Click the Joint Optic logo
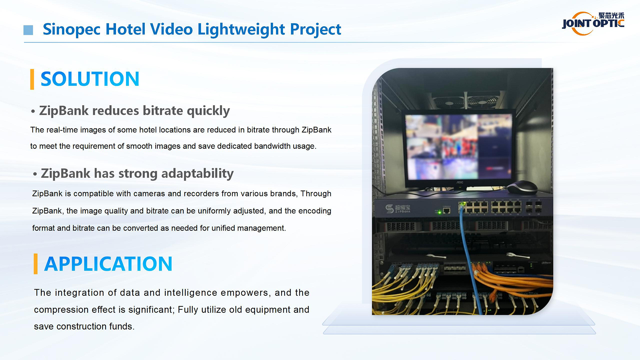pos(593,23)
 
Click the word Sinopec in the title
pos(71,29)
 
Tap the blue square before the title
pos(28,30)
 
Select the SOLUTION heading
pos(90,79)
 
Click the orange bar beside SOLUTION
pos(32,79)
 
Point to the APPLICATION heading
pos(108,264)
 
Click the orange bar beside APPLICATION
pos(36,264)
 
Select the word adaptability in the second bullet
pos(197,174)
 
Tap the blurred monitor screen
pos(458,147)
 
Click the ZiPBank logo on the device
pos(398,209)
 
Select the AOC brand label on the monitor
pos(460,182)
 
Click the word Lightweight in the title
pos(241,29)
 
